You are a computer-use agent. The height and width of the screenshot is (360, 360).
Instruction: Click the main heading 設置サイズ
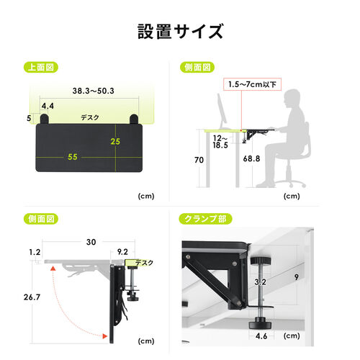tap(180, 32)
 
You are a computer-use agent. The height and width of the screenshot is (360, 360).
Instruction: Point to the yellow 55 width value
tap(73, 156)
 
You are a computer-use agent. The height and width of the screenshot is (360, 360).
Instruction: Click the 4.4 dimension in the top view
tap(47, 106)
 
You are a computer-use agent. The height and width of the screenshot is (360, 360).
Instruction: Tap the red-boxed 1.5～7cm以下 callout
tap(250, 85)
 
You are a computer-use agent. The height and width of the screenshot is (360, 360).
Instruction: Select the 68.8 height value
tap(253, 158)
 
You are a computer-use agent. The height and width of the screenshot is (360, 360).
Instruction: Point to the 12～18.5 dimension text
tap(220, 141)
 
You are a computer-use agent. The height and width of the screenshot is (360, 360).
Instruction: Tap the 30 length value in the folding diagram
tap(90, 243)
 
